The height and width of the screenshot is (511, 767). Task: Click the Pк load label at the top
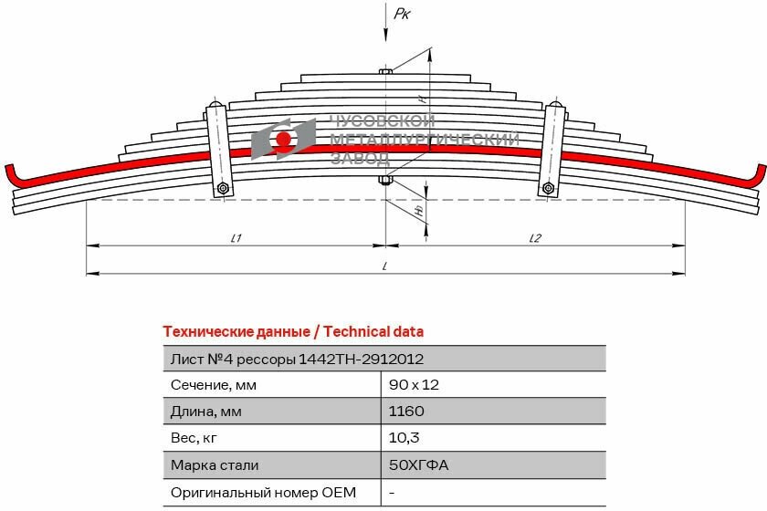[401, 13]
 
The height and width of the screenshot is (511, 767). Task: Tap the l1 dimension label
[236, 238]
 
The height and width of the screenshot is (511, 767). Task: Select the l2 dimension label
[535, 238]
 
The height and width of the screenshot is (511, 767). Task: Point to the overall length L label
[385, 266]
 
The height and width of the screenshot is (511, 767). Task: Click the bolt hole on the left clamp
[222, 189]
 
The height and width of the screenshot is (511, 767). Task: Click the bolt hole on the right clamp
[548, 189]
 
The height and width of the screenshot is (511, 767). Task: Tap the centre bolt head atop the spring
[385, 70]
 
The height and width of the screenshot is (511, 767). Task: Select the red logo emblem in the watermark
[283, 140]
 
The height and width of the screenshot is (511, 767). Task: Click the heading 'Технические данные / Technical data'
[292, 331]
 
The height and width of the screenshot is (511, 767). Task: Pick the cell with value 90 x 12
[414, 385]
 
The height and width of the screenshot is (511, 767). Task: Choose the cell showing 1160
[406, 412]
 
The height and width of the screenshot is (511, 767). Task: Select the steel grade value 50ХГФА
[418, 465]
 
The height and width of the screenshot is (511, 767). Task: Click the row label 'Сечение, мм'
[213, 385]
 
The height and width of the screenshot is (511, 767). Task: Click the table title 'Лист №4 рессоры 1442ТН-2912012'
[296, 359]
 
